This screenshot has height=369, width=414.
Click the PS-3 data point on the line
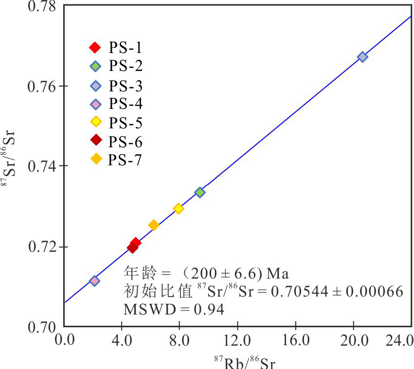[x=362, y=57]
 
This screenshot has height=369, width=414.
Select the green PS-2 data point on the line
[x=199, y=192]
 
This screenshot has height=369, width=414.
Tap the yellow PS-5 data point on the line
[x=179, y=209]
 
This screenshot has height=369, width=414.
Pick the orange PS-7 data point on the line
[x=154, y=225]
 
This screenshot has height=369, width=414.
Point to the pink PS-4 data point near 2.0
[x=95, y=281]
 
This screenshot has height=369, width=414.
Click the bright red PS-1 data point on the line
[x=136, y=243]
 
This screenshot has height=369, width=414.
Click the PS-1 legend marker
[x=95, y=47]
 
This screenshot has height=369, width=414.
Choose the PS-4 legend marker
[x=96, y=104]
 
